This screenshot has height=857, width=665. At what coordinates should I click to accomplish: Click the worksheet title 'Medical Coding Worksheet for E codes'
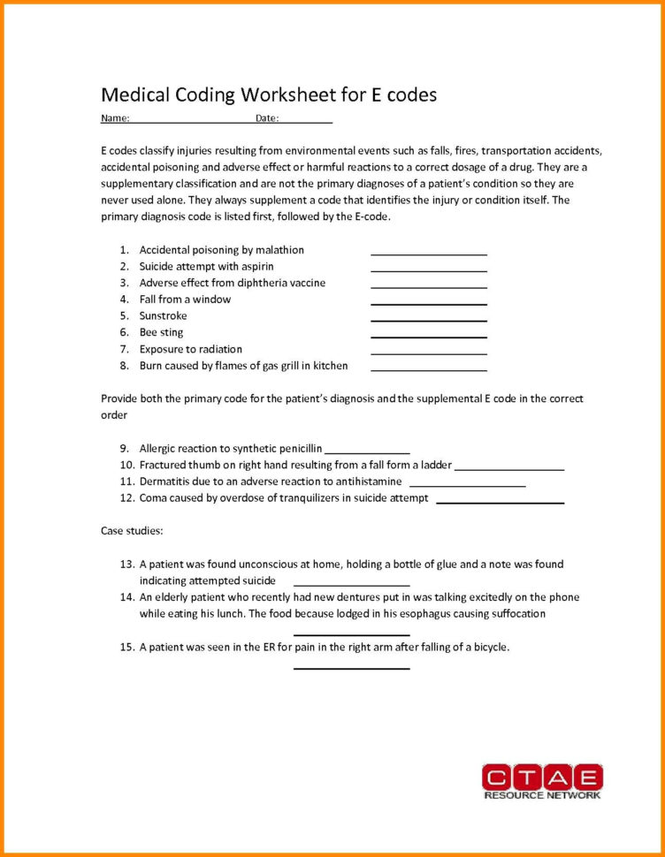[x=269, y=95]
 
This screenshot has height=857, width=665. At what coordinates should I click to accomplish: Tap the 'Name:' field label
[x=115, y=118]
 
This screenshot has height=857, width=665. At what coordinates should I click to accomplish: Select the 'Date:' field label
[x=267, y=118]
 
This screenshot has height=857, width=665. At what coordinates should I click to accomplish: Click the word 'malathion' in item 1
[x=279, y=250]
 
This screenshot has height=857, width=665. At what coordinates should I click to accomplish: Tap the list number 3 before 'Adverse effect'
[x=125, y=283]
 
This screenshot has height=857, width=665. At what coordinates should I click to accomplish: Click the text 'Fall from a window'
[x=185, y=300]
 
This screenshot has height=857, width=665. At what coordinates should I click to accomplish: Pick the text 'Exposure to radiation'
[x=190, y=349]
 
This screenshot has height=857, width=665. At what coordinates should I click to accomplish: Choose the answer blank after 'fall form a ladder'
[x=509, y=468]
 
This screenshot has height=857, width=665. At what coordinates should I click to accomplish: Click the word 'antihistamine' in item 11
[x=368, y=482]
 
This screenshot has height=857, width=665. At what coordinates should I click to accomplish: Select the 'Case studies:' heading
[x=132, y=531]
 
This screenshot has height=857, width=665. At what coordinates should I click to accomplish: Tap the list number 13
[x=126, y=564]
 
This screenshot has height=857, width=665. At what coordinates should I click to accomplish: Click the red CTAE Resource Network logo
[x=542, y=782]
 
